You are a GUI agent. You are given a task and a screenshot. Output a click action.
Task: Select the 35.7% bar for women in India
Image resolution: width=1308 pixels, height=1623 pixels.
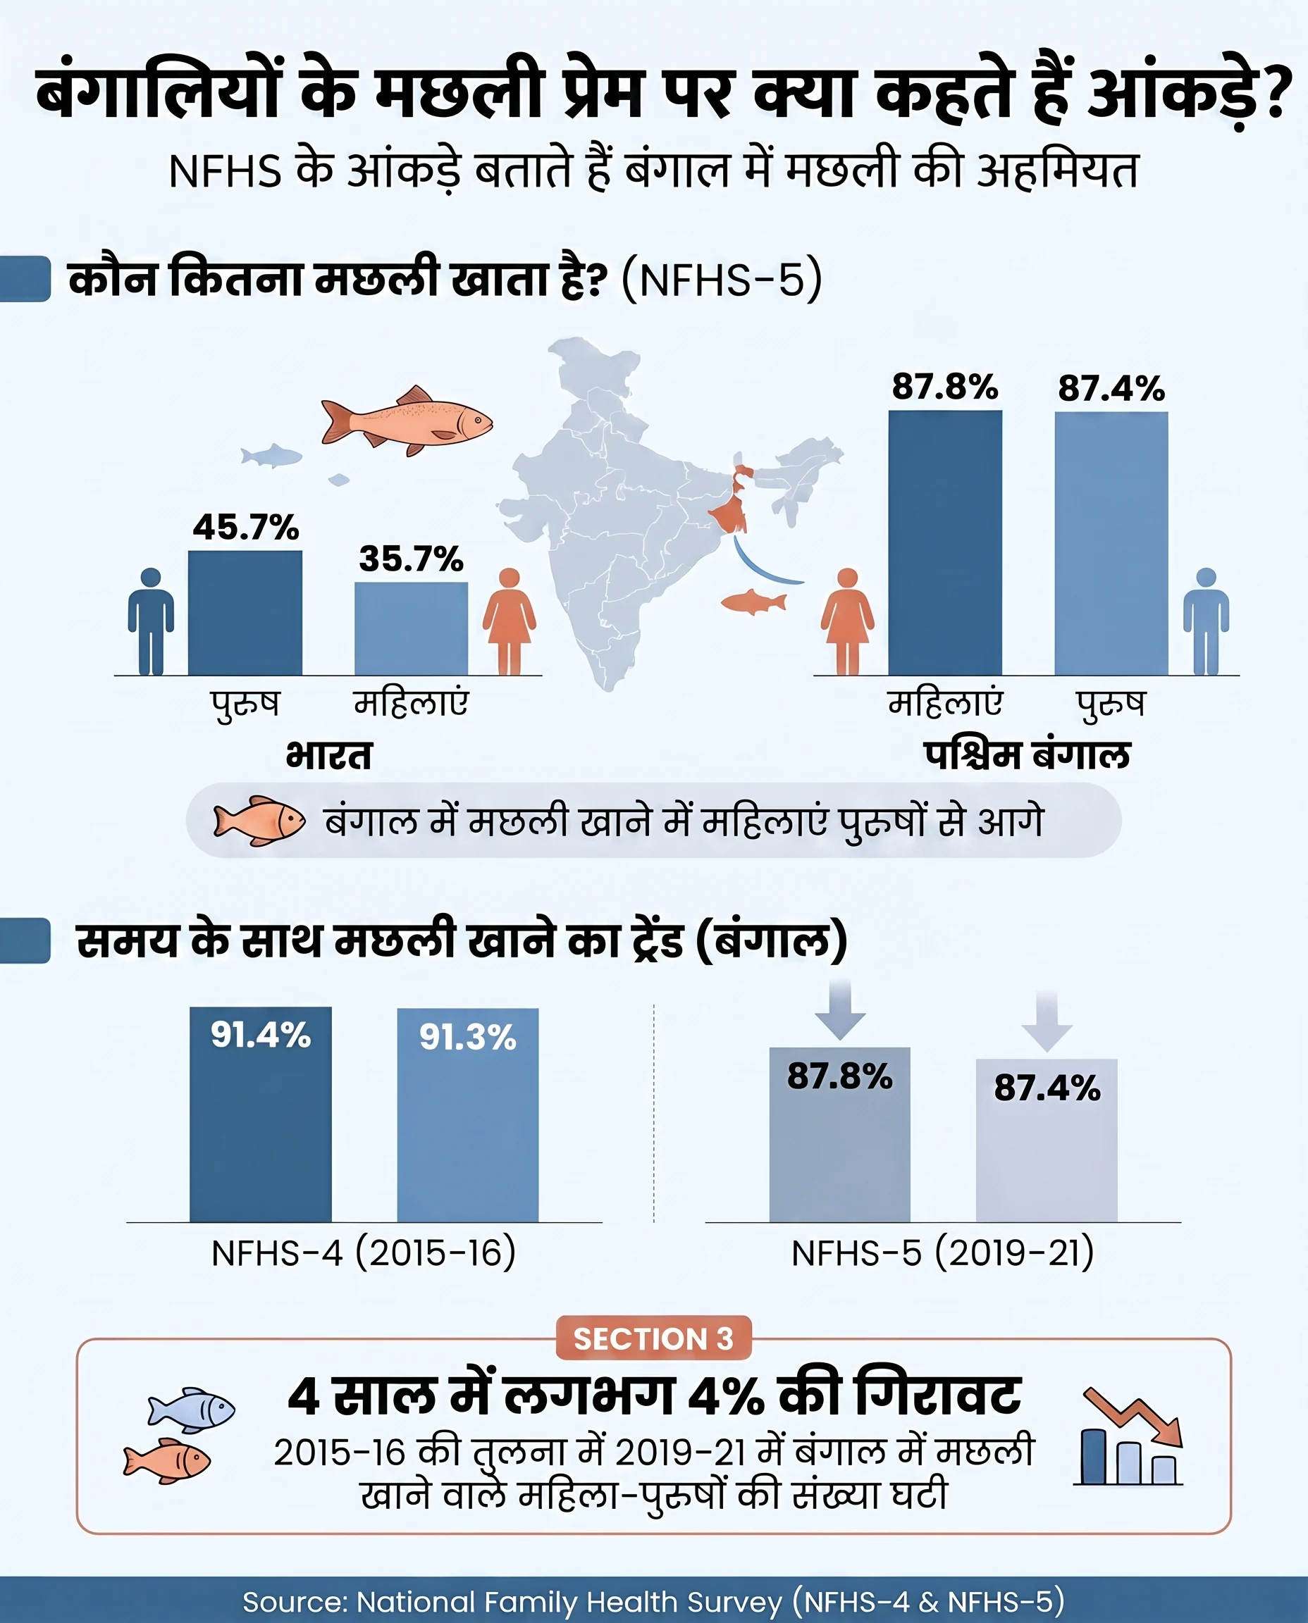point(411,628)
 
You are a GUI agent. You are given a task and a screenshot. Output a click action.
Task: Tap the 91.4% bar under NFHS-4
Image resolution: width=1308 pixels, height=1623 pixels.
point(260,1114)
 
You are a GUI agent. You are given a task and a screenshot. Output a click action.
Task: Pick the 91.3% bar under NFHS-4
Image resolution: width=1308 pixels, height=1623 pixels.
point(467,1114)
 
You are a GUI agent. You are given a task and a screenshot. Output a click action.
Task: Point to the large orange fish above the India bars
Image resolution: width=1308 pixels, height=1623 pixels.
point(407,421)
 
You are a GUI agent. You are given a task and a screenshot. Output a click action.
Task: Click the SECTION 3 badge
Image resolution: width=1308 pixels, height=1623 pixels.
point(653,1338)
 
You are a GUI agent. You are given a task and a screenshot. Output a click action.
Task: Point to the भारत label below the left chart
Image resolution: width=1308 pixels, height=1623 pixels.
point(328,755)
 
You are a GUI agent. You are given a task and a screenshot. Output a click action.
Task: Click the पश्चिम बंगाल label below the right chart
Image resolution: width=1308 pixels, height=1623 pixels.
point(1027,755)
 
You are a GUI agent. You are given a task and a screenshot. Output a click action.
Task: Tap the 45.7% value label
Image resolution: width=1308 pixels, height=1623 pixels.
point(246,527)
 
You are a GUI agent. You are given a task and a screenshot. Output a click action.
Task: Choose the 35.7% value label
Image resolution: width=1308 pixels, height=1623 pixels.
point(411,559)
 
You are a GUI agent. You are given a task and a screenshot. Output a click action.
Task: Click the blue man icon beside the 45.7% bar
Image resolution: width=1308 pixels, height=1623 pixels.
point(151,621)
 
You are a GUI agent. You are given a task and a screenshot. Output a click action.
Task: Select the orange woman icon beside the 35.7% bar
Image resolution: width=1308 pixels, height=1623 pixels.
point(510,621)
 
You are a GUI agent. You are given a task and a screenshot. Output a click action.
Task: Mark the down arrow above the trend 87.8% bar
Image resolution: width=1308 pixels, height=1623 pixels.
point(840,1009)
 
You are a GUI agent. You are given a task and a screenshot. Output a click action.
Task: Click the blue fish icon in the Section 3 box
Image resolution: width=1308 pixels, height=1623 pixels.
point(192,1408)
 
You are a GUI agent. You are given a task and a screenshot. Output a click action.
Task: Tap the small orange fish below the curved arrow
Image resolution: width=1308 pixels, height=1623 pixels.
point(753,602)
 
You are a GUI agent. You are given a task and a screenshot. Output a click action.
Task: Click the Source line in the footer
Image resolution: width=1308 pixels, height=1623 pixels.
point(653,1601)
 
